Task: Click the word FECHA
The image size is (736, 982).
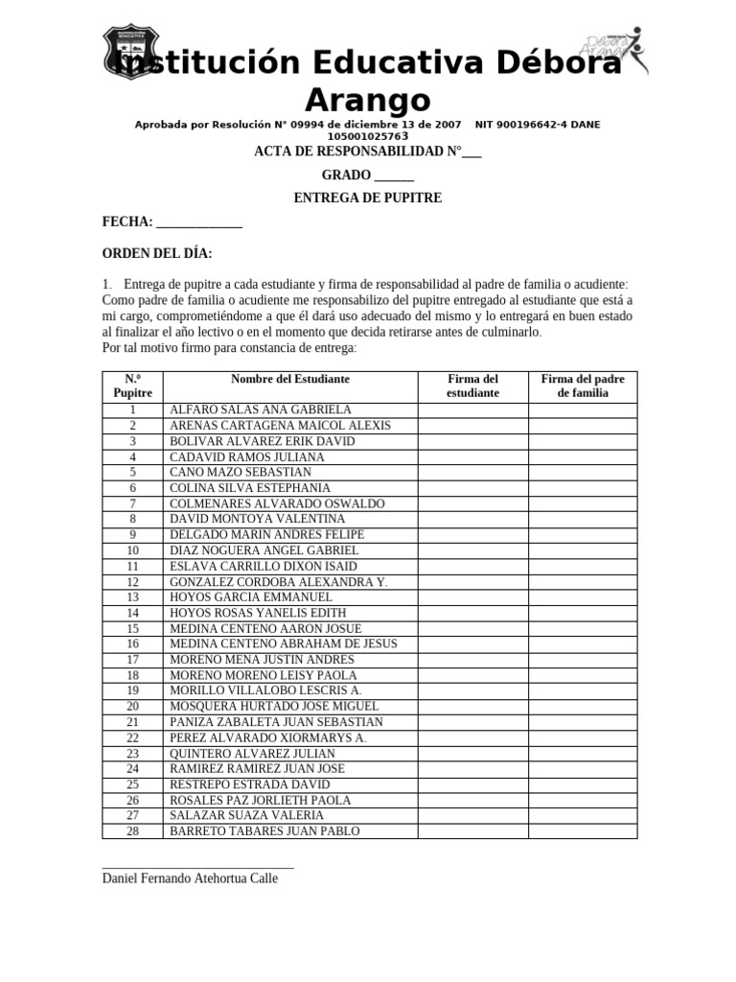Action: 127,222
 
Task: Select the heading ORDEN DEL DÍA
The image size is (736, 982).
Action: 157,253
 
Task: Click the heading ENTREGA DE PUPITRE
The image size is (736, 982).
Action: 367,199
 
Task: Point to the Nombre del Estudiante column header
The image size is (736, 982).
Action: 290,379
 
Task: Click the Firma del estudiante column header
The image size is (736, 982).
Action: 472,386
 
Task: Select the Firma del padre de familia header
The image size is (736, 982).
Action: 583,386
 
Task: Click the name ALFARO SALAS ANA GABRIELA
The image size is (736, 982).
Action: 261,409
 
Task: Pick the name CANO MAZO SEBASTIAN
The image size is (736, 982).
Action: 241,472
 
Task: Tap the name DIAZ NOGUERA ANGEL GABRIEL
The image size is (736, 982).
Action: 264,550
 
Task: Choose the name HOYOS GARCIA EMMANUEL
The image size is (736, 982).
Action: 251,596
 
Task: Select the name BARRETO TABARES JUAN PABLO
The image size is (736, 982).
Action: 264,831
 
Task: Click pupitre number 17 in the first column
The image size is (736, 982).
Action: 133,660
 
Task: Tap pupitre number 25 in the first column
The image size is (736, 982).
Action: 133,784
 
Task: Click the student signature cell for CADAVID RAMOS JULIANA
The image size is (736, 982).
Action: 472,456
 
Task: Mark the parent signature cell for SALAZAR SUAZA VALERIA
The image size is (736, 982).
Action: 583,815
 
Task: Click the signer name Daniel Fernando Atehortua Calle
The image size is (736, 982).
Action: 190,877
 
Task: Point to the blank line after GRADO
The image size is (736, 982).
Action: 394,176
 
